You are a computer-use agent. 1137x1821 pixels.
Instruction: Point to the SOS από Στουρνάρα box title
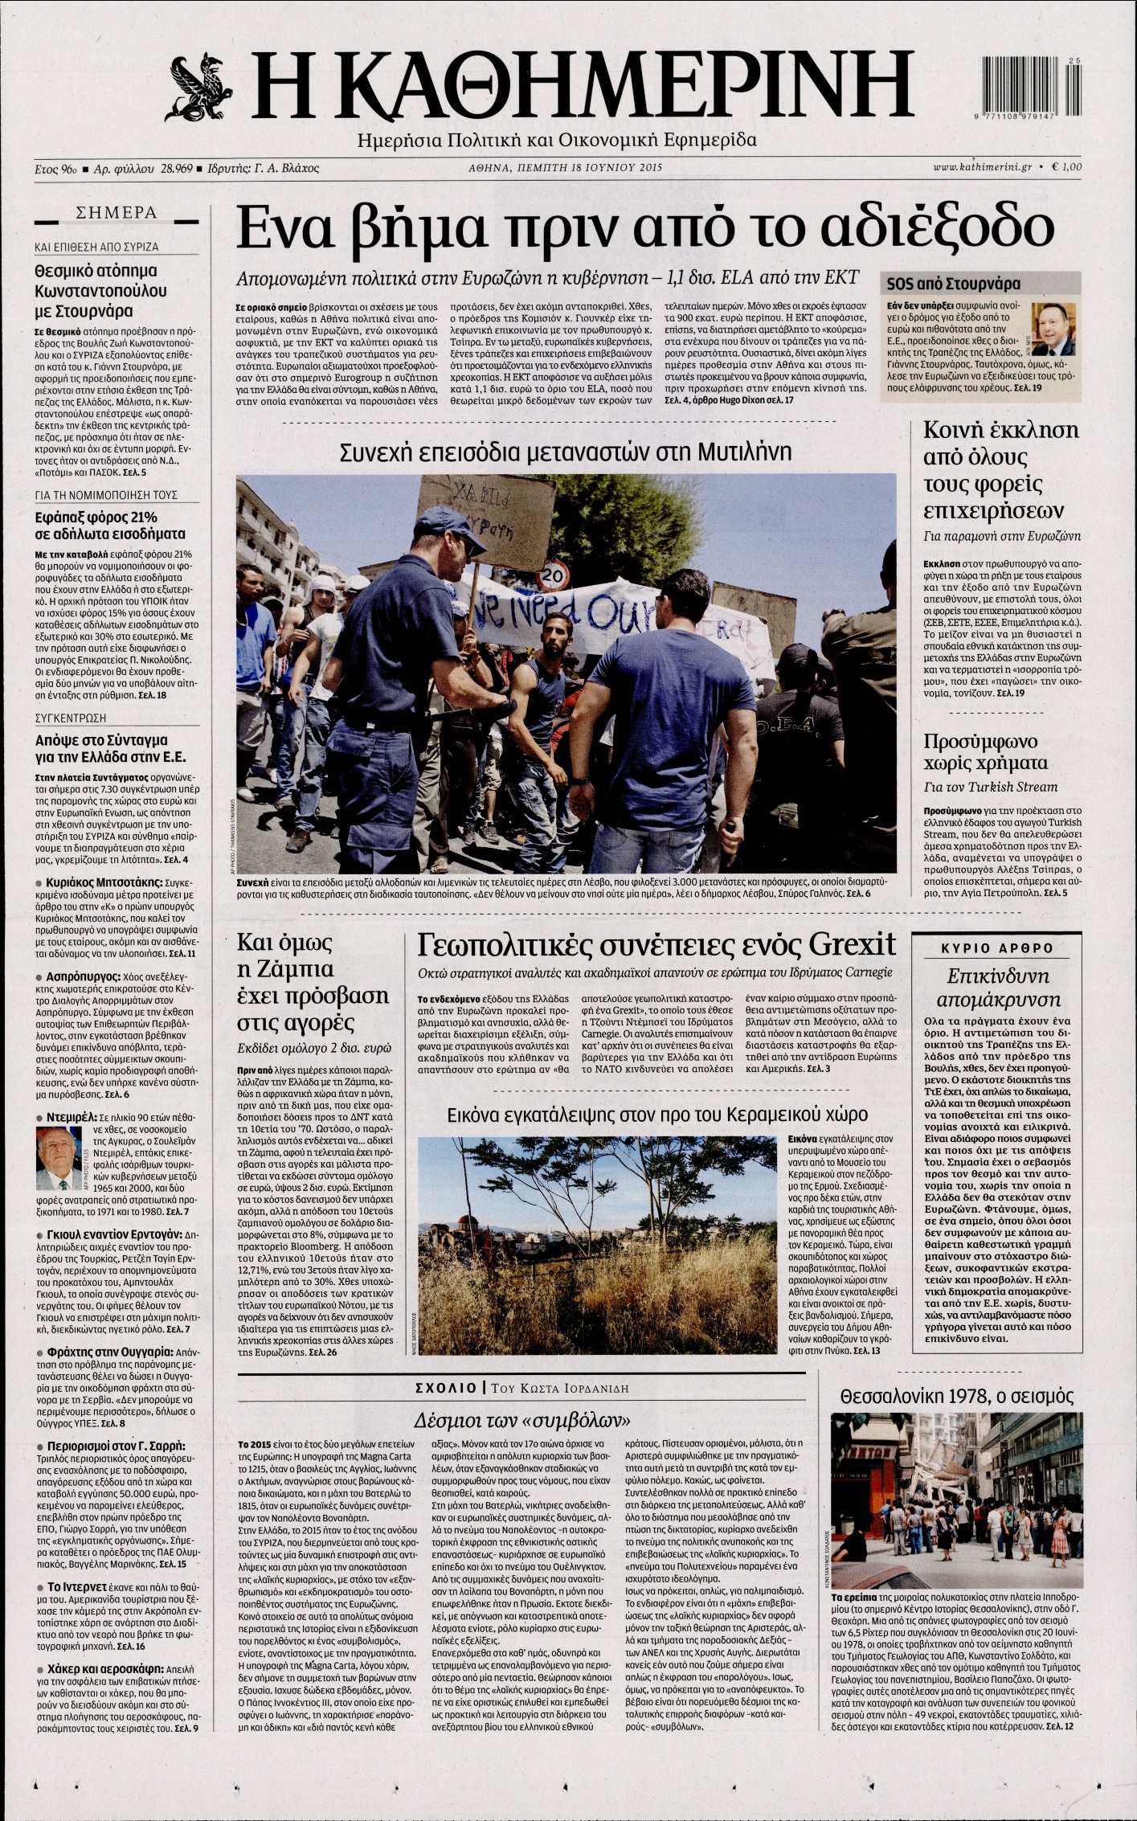(953, 284)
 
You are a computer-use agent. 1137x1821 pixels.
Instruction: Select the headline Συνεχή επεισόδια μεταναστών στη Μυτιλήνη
(566, 451)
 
